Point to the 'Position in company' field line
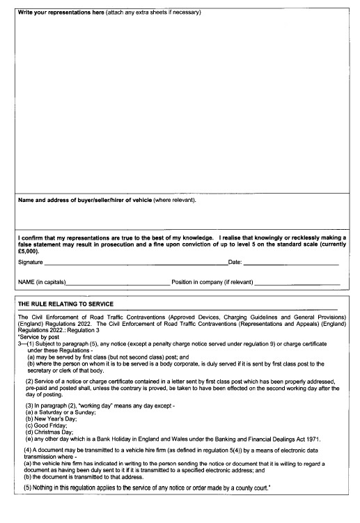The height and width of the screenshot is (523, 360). [x=297, y=283]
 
